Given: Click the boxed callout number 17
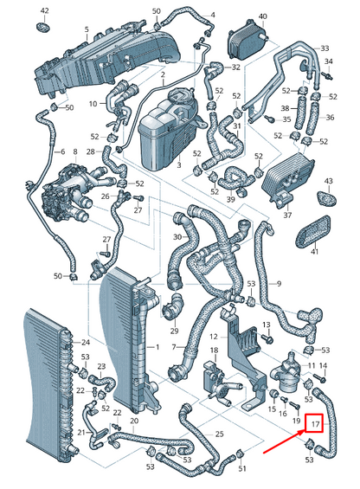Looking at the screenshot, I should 316,424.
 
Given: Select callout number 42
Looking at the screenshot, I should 45,10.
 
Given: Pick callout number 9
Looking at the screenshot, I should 278,283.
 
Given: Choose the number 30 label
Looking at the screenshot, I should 177,236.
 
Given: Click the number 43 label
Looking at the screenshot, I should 329,181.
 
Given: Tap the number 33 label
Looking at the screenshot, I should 325,48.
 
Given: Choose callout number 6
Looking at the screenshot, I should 61,152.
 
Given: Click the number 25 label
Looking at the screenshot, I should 220,433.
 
